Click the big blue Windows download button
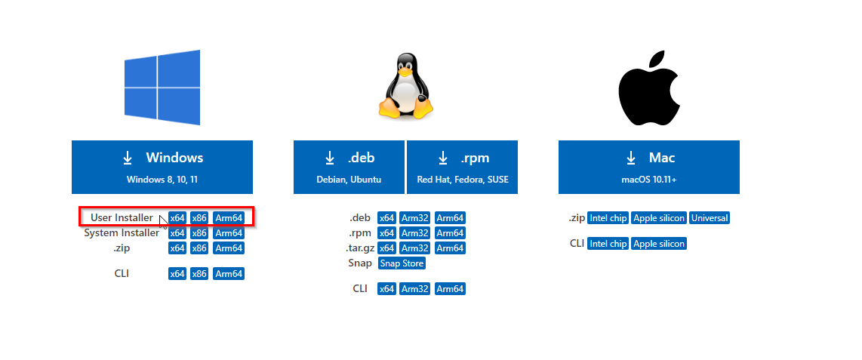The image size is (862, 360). [162, 167]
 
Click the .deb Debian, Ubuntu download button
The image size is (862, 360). [349, 167]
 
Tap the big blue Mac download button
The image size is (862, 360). [648, 167]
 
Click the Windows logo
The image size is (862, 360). [162, 87]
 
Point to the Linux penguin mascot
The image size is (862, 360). [405, 87]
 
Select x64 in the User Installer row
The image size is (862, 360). [177, 218]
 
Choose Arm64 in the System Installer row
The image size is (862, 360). [229, 233]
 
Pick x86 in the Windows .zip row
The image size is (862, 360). [199, 248]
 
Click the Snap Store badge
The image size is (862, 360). [402, 263]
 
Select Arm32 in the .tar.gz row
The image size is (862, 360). [414, 248]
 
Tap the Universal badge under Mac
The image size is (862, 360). [710, 218]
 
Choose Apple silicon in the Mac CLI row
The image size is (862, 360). [659, 244]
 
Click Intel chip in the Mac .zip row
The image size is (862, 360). [608, 218]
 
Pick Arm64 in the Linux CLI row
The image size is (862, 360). [450, 289]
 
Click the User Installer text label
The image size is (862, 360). [122, 218]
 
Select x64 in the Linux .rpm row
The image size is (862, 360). [386, 233]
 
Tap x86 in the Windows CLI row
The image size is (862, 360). [199, 274]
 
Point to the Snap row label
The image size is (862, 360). [359, 263]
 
